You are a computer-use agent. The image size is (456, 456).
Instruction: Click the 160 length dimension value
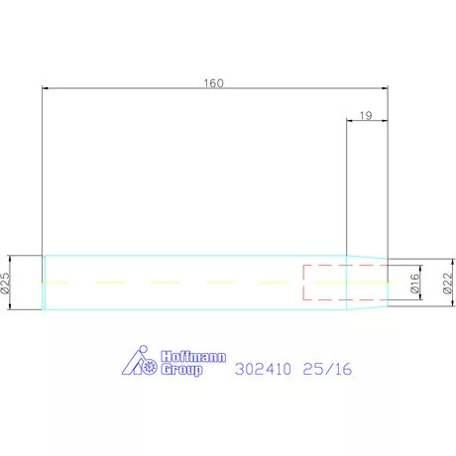(213, 82)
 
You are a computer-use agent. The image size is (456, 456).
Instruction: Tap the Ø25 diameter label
(6, 284)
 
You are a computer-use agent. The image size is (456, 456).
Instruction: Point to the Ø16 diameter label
(413, 285)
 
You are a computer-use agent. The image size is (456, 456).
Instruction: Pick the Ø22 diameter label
(446, 285)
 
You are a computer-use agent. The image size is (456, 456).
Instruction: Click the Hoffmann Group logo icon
(139, 364)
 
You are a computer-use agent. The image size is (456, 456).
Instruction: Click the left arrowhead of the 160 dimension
(46, 89)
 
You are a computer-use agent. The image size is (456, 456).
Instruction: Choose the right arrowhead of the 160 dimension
(385, 89)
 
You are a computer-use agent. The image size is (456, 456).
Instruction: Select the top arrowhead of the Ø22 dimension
(436, 264)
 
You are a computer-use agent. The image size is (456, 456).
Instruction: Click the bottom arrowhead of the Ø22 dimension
(436, 302)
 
